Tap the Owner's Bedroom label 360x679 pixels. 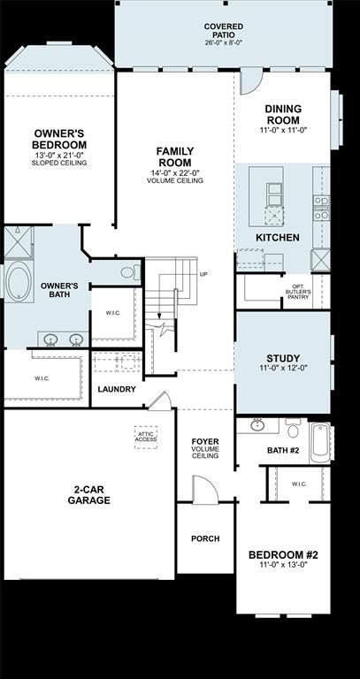tap(59, 139)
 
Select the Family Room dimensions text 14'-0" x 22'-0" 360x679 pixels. tap(175, 172)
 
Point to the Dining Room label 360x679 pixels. tap(283, 114)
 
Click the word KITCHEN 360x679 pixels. tap(277, 238)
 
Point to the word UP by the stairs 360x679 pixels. tap(204, 274)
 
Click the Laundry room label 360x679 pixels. tap(117, 389)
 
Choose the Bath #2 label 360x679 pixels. tap(283, 451)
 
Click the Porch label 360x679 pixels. tap(205, 538)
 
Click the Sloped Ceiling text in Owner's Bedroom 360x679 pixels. tap(59, 163)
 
